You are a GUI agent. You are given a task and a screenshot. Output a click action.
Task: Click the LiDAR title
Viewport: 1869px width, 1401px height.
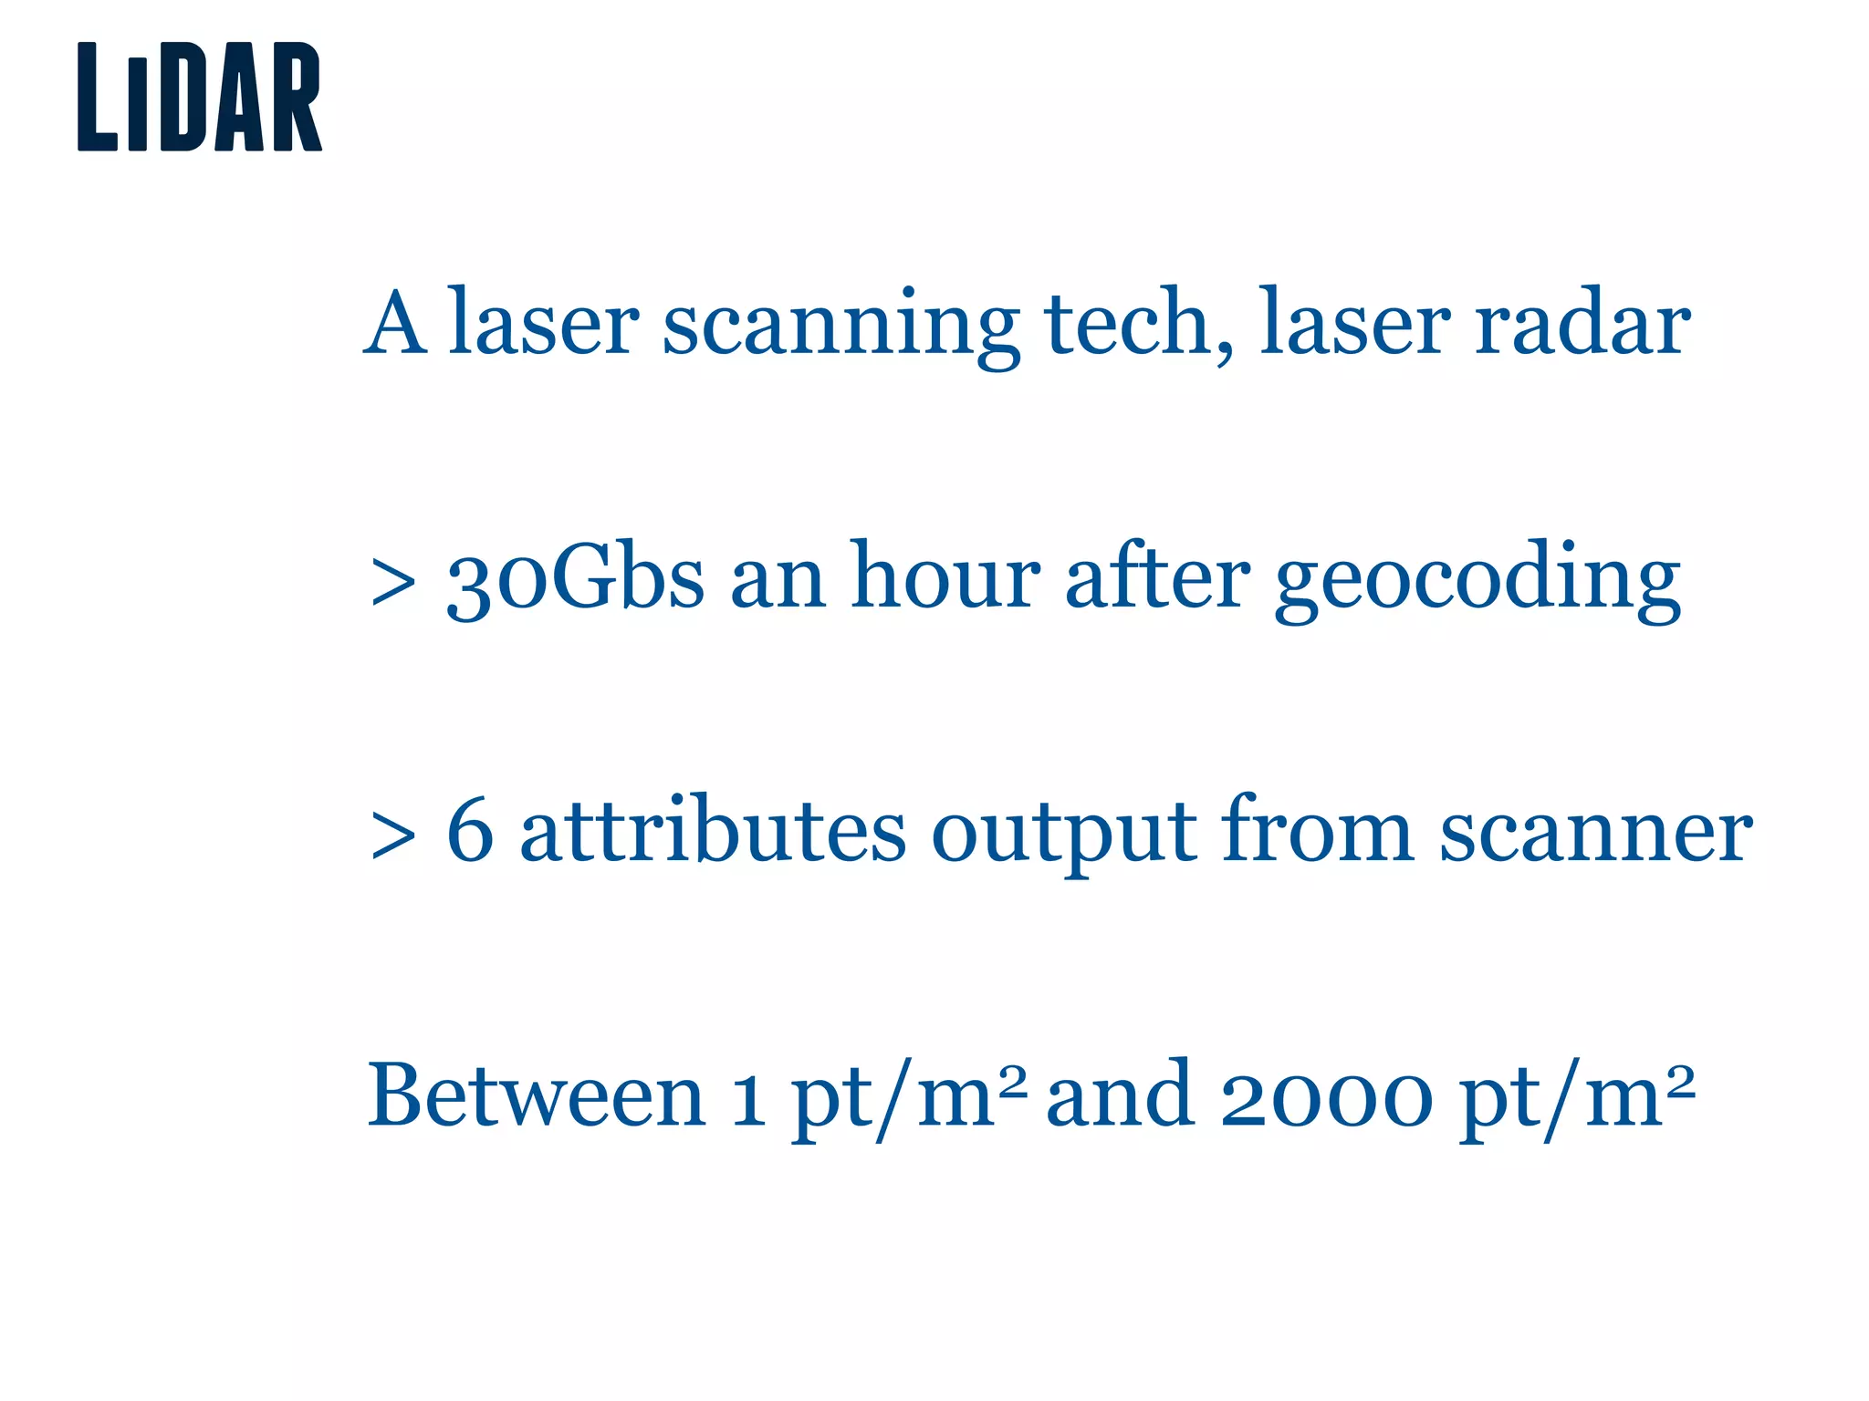click(200, 97)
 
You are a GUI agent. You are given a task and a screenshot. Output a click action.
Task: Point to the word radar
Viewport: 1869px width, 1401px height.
click(1582, 324)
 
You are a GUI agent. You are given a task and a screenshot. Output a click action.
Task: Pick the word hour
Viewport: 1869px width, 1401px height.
click(945, 576)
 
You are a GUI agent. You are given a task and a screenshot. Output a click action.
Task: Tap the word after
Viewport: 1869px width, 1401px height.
click(1157, 576)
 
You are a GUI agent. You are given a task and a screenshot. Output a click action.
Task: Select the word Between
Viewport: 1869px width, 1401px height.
click(537, 1095)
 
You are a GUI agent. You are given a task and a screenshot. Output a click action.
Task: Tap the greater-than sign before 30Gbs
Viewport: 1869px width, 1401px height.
click(393, 584)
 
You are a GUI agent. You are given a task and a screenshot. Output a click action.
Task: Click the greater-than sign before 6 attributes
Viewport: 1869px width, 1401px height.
click(393, 836)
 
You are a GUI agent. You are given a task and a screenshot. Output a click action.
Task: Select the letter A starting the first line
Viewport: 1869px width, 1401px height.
click(394, 324)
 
